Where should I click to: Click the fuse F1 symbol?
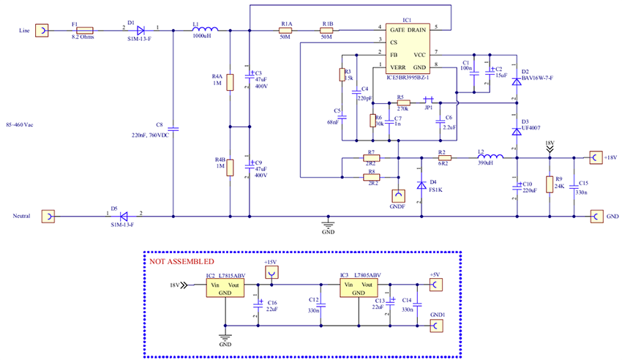click(x=84, y=31)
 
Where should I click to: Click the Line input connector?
click(x=45, y=31)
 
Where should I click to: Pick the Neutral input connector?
click(x=46, y=217)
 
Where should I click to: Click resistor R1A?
click(x=287, y=31)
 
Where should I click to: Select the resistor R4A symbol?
click(x=230, y=82)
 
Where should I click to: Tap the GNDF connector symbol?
click(x=399, y=196)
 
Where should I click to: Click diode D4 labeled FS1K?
click(x=421, y=185)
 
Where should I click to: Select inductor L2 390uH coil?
click(x=490, y=157)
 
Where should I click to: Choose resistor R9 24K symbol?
click(x=550, y=185)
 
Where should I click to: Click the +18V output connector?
click(x=596, y=157)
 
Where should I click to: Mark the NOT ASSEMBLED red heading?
click(x=181, y=261)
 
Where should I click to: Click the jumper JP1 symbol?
click(x=430, y=100)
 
